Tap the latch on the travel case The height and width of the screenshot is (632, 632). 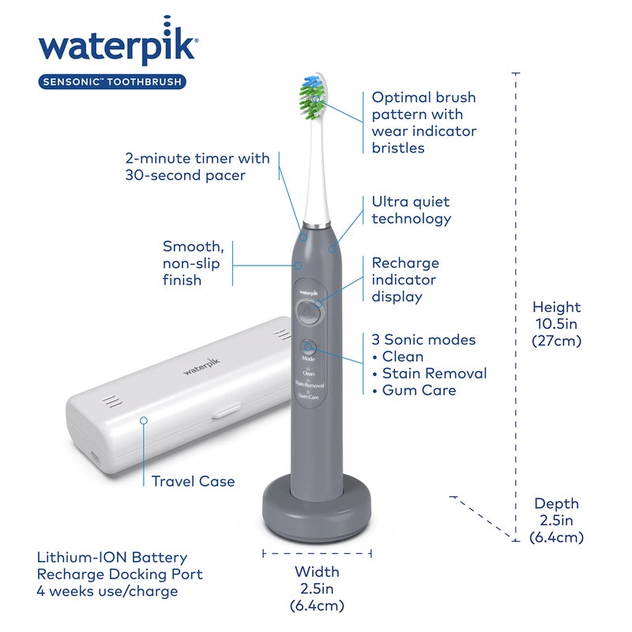(227, 410)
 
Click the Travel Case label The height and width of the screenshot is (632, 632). (193, 481)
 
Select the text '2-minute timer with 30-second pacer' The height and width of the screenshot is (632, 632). (197, 167)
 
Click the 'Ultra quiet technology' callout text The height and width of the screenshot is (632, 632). (412, 210)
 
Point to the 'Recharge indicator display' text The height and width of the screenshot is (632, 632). (405, 280)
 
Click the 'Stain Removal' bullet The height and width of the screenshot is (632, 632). (434, 373)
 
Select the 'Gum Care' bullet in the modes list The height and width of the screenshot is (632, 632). (419, 390)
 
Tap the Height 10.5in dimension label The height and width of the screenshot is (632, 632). (556, 324)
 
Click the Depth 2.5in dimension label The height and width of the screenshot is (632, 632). (556, 520)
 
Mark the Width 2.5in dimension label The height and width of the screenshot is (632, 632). (317, 589)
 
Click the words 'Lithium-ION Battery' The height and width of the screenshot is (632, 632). (112, 558)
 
